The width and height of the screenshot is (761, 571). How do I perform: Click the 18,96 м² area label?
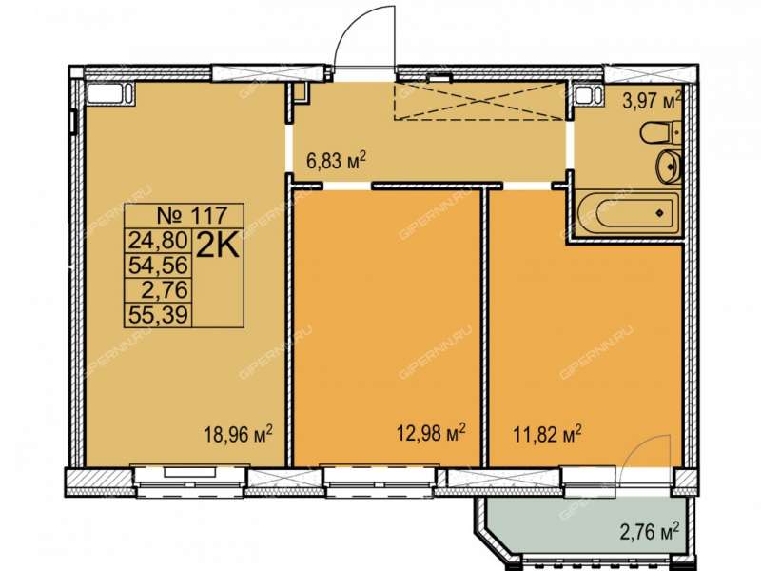coord(238,433)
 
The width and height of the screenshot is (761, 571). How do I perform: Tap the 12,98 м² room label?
coord(432,432)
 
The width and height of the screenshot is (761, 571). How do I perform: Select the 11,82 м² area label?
coord(548,433)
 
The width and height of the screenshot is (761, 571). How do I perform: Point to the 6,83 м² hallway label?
coord(336,160)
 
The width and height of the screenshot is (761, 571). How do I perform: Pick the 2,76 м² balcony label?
coord(649,531)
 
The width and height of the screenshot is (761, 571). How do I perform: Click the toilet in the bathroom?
coord(660,132)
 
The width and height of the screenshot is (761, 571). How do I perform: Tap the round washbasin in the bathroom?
coord(669,166)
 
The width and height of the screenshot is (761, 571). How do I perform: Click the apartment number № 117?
coord(193,215)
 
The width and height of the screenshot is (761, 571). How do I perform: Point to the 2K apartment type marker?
coord(218,247)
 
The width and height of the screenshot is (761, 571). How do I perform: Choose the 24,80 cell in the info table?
coord(158,240)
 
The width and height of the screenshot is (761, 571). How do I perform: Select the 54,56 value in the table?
coord(158,266)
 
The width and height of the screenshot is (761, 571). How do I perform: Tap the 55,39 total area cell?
coord(158,316)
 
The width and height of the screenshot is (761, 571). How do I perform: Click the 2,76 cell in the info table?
coord(164,290)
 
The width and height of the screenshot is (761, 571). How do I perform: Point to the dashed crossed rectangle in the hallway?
coord(479,102)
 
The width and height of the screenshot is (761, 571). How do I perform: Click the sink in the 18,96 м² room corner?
coord(110,92)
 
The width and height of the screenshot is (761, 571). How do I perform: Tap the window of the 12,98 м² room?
coord(380,481)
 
